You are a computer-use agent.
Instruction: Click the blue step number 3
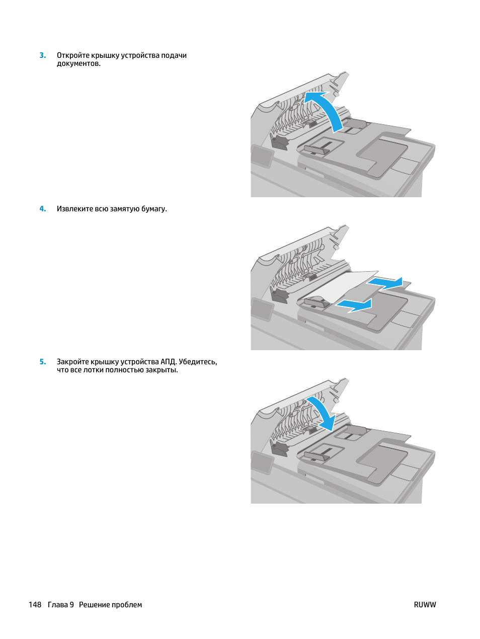click(42, 55)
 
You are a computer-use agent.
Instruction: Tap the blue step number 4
click(42, 209)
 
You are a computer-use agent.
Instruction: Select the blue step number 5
click(42, 362)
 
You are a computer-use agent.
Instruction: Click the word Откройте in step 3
click(73, 55)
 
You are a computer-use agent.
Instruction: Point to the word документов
click(78, 64)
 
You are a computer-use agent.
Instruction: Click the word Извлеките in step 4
click(75, 209)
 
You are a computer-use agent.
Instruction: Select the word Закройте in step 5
click(72, 362)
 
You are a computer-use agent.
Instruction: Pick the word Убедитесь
click(198, 362)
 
